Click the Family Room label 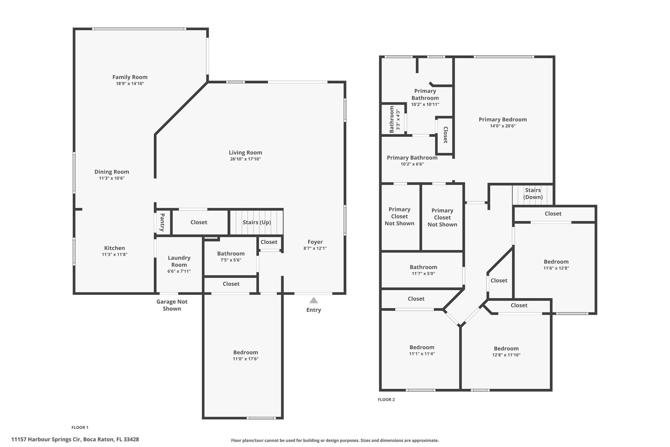[x=130, y=77]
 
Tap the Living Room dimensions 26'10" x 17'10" [x=245, y=159]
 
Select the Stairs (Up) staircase [x=256, y=222]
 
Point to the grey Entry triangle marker [x=314, y=300]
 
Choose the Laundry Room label [x=179, y=261]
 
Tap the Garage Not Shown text [x=172, y=305]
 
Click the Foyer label [x=315, y=242]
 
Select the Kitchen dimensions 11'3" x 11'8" [x=115, y=254]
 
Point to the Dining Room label [x=112, y=172]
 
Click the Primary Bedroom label [x=503, y=120]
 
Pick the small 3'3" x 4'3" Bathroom [x=394, y=120]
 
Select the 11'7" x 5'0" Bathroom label [x=423, y=267]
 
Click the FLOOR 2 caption [x=386, y=400]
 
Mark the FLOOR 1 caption [x=80, y=427]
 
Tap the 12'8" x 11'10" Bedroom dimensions [x=506, y=355]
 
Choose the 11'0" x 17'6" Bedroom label [x=246, y=352]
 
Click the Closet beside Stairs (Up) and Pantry [x=199, y=222]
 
